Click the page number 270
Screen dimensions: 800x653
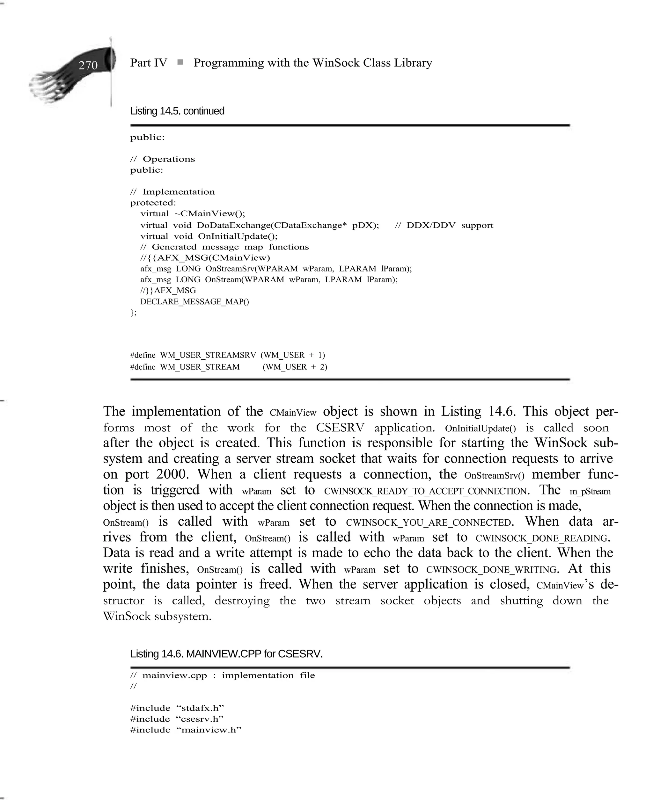pyautogui.click(x=88, y=65)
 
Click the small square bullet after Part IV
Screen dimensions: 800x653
pyautogui.click(x=180, y=62)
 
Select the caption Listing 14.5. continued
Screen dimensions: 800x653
pyautogui.click(x=177, y=111)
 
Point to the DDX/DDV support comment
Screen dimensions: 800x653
pyautogui.click(x=444, y=226)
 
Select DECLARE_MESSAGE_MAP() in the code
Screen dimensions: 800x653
pyautogui.click(x=194, y=302)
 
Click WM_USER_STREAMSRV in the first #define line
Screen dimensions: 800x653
pyautogui.click(x=208, y=355)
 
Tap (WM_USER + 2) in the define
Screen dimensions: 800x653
pyautogui.click(x=295, y=367)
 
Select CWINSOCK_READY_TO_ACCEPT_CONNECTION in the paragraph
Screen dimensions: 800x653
pyautogui.click(x=426, y=491)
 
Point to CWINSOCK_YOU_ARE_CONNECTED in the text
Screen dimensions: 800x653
pyautogui.click(x=429, y=523)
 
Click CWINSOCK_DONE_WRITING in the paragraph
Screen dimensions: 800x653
pyautogui.click(x=491, y=570)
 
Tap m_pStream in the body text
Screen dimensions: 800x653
pyautogui.click(x=590, y=491)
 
